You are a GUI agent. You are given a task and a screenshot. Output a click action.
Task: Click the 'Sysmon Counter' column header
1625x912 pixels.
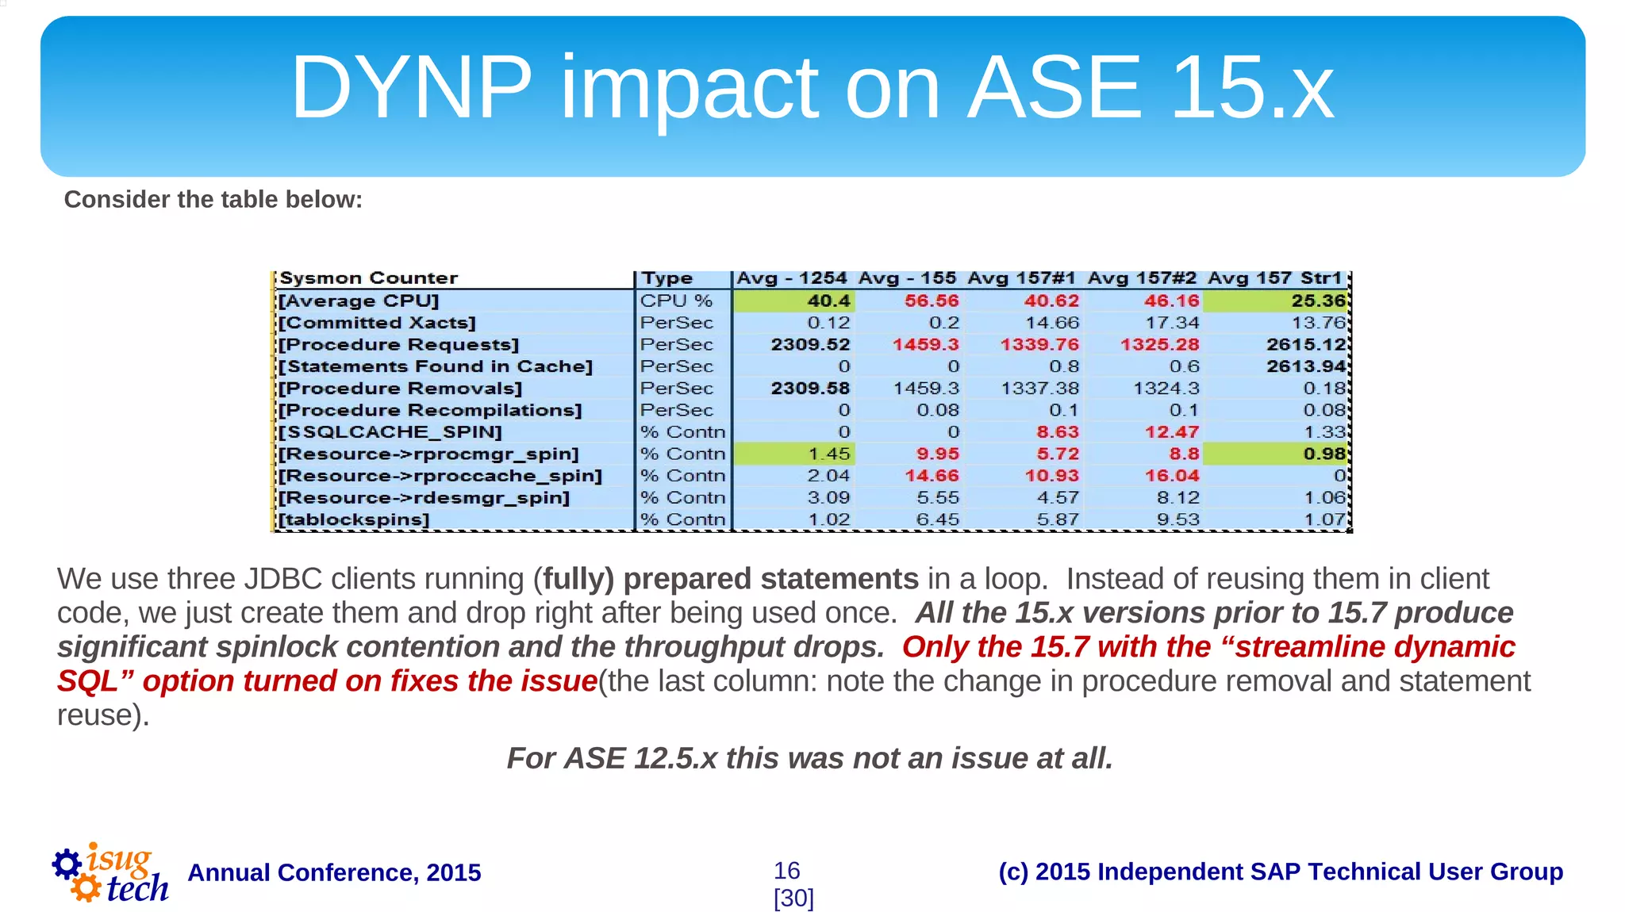coord(368,278)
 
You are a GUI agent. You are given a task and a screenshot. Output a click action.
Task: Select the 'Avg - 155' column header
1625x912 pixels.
coord(907,278)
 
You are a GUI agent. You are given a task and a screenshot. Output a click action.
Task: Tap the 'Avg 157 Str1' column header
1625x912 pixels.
coord(1274,278)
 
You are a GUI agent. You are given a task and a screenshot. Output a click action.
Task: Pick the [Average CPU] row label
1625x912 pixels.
coord(358,301)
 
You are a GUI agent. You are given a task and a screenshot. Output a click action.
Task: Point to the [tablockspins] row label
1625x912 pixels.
coord(354,519)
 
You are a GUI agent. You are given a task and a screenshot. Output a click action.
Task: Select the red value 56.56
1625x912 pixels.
coord(932,301)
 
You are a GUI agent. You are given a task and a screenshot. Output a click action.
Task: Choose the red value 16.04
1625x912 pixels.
coord(1171,476)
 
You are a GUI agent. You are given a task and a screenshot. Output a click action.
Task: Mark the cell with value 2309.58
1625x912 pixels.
coord(810,389)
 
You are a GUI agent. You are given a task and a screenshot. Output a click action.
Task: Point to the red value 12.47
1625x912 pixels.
coord(1171,432)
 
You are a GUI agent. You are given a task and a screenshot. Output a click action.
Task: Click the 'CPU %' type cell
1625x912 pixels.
coord(676,301)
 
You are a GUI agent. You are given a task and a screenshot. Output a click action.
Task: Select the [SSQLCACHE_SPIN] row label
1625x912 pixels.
coord(390,432)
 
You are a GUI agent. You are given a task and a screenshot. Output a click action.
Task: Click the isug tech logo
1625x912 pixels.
coord(110,873)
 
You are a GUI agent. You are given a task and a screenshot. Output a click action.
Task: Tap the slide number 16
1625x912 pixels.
coord(786,871)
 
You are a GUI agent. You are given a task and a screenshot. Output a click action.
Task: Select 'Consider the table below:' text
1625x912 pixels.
coord(213,199)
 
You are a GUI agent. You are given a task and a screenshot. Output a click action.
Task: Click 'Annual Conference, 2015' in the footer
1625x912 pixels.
coord(334,872)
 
